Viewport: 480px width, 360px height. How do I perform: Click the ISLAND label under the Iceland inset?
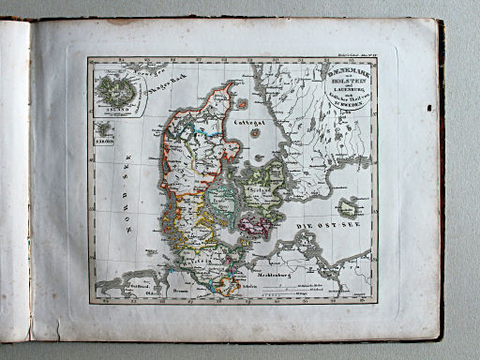click(114, 107)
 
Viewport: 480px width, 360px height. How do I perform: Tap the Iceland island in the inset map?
click(115, 91)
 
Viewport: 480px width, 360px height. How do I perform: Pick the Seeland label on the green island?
click(262, 190)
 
